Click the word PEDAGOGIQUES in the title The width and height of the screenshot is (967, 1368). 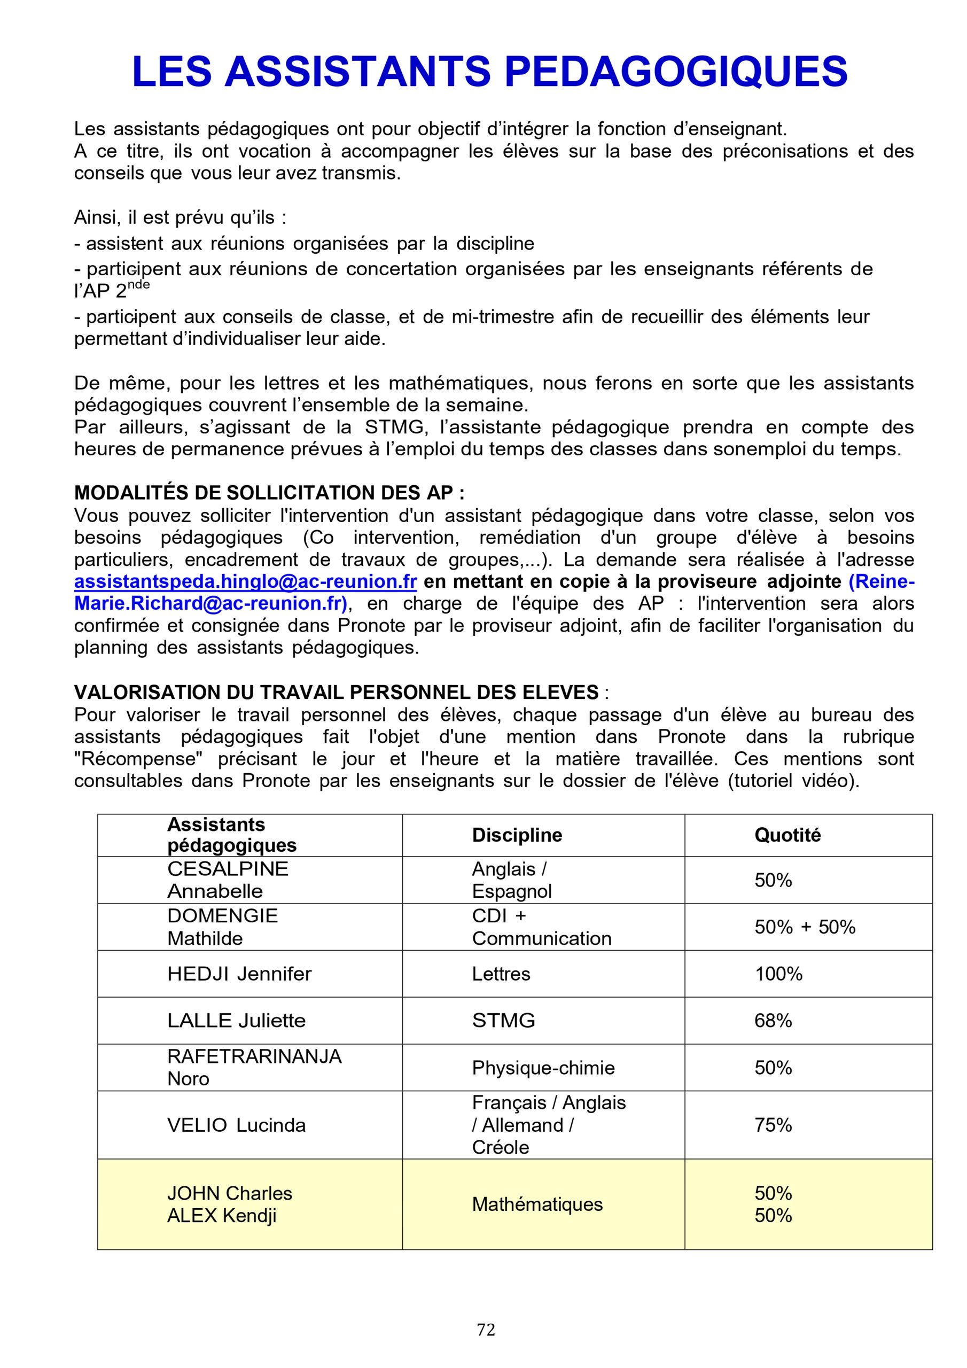click(x=676, y=72)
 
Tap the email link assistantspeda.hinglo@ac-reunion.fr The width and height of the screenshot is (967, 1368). click(x=245, y=581)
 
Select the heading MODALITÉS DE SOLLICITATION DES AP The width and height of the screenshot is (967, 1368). click(x=269, y=493)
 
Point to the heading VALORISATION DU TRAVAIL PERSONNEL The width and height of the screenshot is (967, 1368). click(x=336, y=693)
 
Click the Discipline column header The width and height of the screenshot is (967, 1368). click(x=517, y=835)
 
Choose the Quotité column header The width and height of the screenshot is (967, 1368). click(x=787, y=835)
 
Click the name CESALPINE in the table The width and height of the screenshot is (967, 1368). click(x=228, y=869)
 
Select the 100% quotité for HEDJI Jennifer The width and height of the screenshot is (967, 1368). click(x=778, y=974)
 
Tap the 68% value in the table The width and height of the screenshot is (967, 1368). click(x=773, y=1021)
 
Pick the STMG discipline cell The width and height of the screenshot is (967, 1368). click(x=503, y=1021)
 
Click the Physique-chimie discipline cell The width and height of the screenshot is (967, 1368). click(x=543, y=1068)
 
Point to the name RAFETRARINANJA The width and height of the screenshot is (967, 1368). click(x=254, y=1056)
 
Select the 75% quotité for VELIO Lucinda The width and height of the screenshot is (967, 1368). click(x=773, y=1125)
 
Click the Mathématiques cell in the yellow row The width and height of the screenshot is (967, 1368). click(x=537, y=1204)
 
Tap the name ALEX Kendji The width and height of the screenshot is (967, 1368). click(x=222, y=1216)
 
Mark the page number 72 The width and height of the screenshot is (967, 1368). click(x=486, y=1330)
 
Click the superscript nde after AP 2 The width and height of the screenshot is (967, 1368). click(x=138, y=285)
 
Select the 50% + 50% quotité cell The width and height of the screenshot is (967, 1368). click(x=805, y=927)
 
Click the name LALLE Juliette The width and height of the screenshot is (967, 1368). click(x=236, y=1021)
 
